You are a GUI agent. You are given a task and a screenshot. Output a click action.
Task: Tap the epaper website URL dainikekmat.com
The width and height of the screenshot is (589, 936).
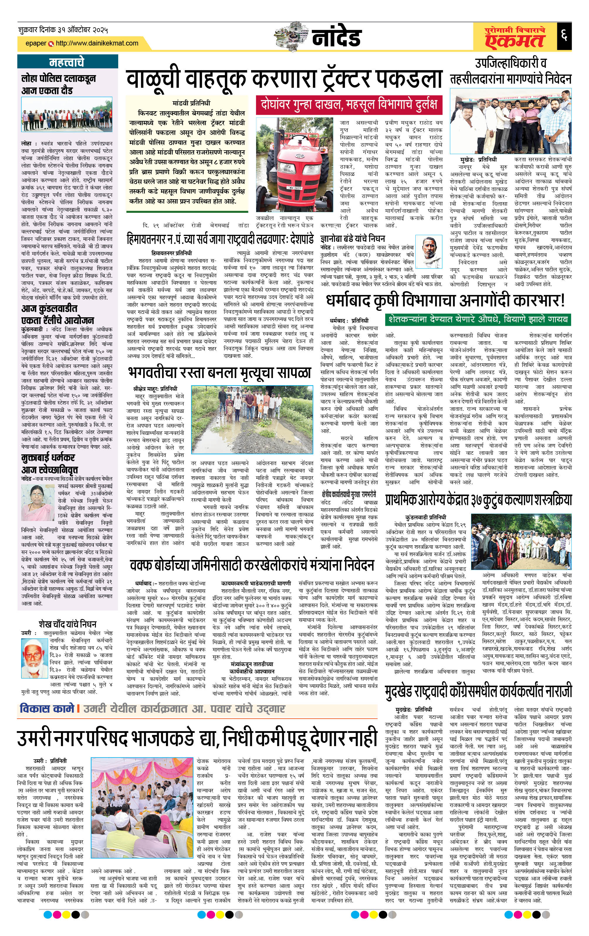point(97,43)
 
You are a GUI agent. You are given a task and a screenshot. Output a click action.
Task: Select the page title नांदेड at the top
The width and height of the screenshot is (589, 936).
point(336,37)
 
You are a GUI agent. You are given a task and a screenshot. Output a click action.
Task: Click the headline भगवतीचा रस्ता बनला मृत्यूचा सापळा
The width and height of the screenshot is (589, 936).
point(219,372)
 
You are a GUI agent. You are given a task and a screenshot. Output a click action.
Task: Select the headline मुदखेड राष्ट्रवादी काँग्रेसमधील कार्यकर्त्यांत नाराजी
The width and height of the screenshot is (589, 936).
point(478,692)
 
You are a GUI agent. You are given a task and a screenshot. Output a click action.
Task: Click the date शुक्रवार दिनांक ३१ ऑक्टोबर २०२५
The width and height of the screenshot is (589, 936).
point(63,30)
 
